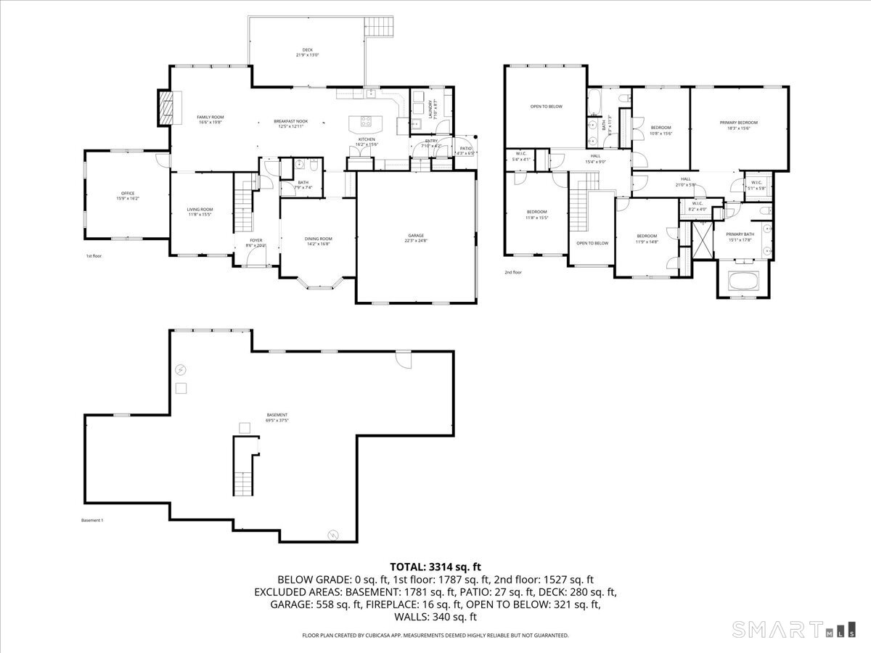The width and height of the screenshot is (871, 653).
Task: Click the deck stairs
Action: tap(381, 28)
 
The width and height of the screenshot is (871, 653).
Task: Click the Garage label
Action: tap(415, 238)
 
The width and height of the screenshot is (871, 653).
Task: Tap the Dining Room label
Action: tap(318, 241)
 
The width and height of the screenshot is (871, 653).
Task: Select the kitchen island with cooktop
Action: tap(364, 123)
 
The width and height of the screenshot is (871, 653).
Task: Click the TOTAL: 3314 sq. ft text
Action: tap(435, 567)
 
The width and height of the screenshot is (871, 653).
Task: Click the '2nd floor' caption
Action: tap(513, 273)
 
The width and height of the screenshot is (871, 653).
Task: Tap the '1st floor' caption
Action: tap(94, 256)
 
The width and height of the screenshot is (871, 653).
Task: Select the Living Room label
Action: tap(200, 211)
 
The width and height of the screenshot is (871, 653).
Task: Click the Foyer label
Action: tap(256, 242)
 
